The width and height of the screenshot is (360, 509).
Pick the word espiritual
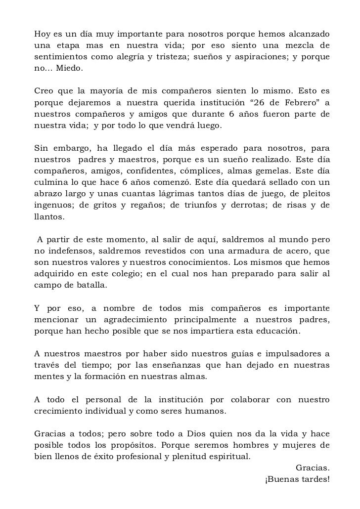click(228, 456)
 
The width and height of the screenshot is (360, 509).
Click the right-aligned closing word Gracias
click(313, 467)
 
